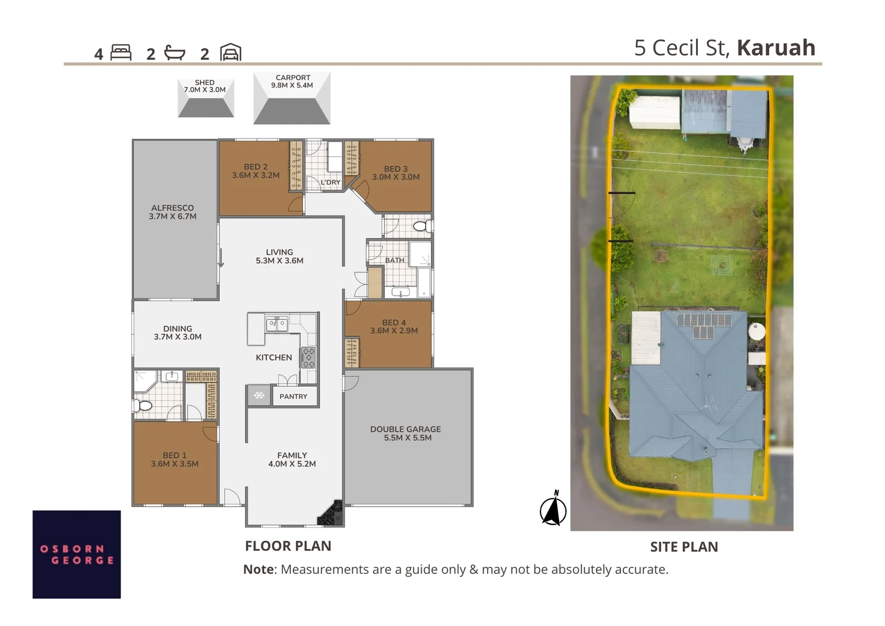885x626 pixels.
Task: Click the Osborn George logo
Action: [x=76, y=554]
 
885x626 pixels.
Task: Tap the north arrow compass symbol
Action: [x=553, y=509]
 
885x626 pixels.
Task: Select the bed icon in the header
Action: [x=121, y=53]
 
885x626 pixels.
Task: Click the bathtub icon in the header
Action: [x=174, y=53]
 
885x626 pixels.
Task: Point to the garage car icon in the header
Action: [x=231, y=53]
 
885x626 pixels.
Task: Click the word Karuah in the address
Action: [x=776, y=48]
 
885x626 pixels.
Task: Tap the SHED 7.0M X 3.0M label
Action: [x=204, y=86]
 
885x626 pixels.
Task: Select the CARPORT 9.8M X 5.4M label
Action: [x=292, y=81]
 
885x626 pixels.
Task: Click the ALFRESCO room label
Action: [x=173, y=212]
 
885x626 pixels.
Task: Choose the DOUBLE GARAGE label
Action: [x=405, y=434]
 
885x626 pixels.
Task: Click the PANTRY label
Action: [x=293, y=396]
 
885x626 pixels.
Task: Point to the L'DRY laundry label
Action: [x=331, y=182]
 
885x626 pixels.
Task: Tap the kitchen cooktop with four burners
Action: [x=308, y=358]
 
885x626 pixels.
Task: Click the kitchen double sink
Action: [x=277, y=323]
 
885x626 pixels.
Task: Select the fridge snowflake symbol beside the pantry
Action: [x=259, y=396]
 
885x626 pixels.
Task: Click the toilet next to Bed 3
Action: [x=422, y=226]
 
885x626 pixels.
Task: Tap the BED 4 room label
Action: [x=394, y=326]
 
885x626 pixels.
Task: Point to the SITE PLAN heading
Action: [x=684, y=547]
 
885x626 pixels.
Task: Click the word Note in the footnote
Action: [x=258, y=569]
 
